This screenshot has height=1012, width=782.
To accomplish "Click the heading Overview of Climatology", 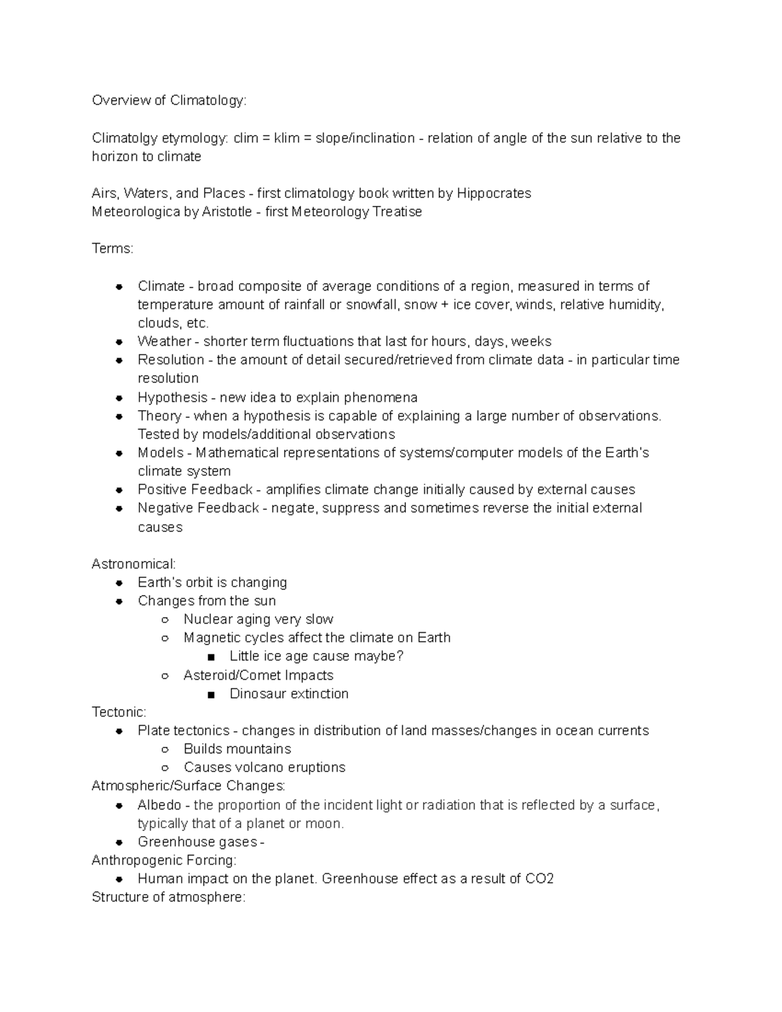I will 169,100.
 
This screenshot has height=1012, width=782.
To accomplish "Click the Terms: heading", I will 112,249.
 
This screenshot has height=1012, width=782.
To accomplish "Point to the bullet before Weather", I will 119,342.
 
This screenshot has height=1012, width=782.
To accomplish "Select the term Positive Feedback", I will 195,489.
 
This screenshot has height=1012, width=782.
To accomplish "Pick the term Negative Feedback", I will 198,508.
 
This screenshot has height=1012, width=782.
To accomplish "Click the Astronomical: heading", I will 134,564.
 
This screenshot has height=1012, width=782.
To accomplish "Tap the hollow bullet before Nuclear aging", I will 165,620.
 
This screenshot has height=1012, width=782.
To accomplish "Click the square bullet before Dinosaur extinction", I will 210,695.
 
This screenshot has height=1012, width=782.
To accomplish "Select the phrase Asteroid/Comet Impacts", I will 258,675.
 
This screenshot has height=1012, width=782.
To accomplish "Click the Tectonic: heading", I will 119,712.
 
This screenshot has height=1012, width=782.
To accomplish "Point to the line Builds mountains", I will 237,749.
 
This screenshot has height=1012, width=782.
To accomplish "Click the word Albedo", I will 159,805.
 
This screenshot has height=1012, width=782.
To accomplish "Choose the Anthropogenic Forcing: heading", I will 164,860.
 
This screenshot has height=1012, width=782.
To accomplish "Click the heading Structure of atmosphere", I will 168,897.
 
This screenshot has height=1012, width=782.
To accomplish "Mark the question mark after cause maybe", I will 400,656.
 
